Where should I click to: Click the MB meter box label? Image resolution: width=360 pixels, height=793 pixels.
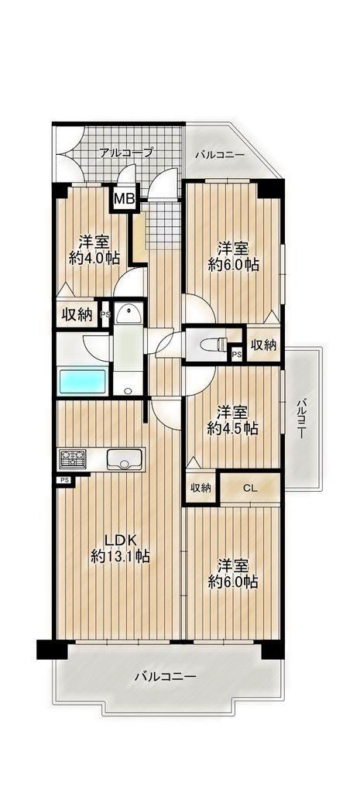[x=124, y=199]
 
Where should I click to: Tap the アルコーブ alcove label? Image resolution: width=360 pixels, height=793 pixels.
[x=125, y=152]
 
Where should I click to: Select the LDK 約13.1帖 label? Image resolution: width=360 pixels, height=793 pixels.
[x=120, y=548]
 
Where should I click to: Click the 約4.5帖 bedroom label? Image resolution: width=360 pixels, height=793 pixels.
[x=233, y=420]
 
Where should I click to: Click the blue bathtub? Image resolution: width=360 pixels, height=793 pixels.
[x=82, y=382]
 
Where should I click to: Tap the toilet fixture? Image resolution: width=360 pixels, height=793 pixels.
[x=215, y=344]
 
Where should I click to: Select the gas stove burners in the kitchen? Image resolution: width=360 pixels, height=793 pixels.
[x=74, y=459]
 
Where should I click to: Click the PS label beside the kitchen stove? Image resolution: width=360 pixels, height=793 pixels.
[x=64, y=479]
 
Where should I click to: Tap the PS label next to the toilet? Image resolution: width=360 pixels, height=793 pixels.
[x=236, y=355]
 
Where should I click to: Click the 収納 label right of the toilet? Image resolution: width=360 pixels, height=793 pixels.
[x=263, y=345]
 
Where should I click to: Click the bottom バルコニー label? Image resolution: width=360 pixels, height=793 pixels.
[x=166, y=675]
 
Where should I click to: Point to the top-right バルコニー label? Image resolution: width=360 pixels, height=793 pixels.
[x=220, y=154]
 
